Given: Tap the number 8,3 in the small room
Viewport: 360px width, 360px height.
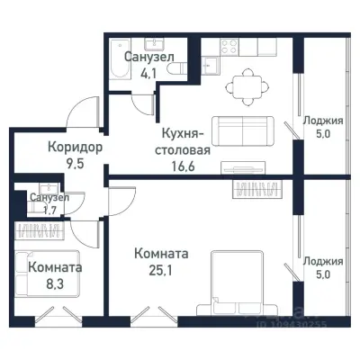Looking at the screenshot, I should pos(54,284).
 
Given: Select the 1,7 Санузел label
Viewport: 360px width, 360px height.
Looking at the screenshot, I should pos(46,203).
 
